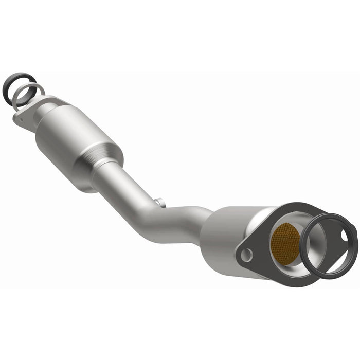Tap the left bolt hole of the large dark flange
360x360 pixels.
click(x=248, y=254)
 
